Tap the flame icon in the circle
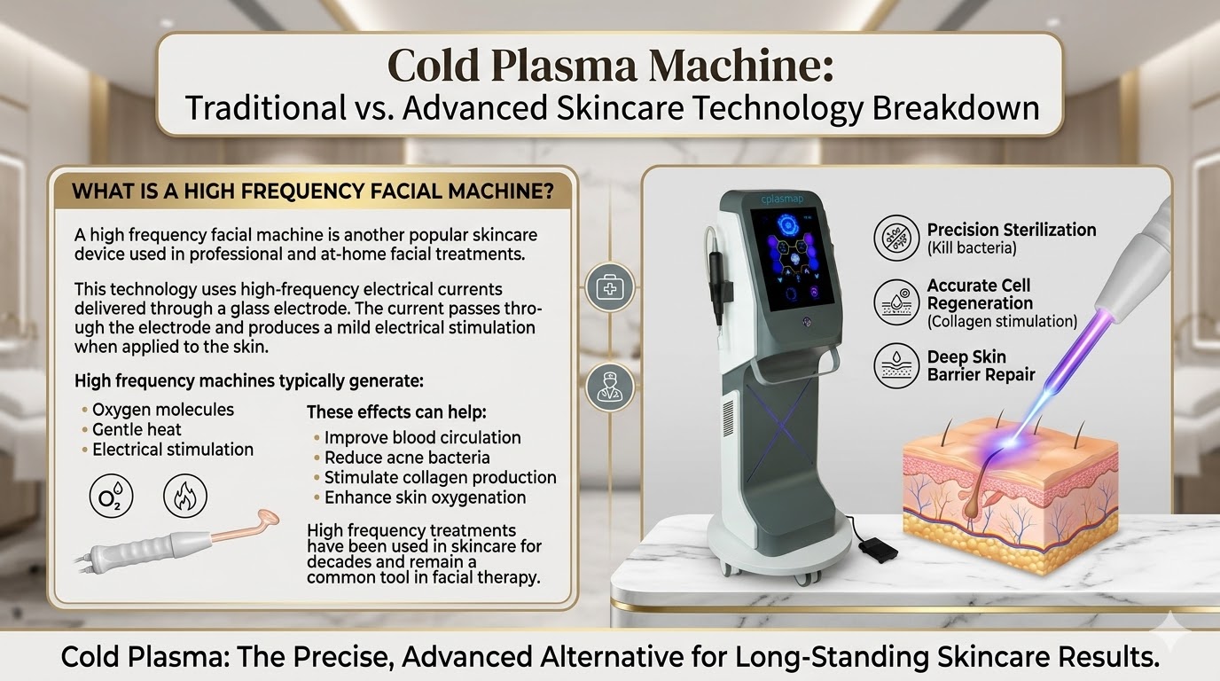tap(185, 495)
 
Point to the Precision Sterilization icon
tap(895, 238)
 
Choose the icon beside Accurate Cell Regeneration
tap(895, 302)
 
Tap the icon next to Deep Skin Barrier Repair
tap(895, 365)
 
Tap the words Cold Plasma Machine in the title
tap(610, 67)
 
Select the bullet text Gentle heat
tap(137, 429)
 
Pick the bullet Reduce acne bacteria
tap(407, 458)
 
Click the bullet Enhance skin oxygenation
tap(425, 497)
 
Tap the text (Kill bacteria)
tap(972, 248)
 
